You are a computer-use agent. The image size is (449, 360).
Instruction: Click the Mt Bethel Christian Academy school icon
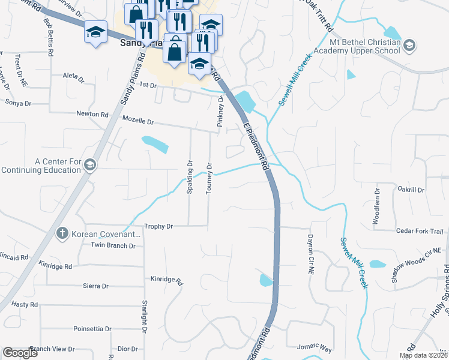409,45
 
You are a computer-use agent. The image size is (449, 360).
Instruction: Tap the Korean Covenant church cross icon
62,233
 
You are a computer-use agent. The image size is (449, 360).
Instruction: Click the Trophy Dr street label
159,226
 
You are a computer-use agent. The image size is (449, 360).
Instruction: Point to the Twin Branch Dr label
113,245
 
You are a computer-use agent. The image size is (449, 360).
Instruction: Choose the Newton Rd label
92,114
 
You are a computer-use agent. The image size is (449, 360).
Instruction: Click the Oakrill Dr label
411,190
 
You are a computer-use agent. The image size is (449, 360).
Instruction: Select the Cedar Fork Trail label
419,231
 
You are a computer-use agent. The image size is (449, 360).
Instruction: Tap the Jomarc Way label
315,347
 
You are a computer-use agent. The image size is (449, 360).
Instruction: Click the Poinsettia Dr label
92,329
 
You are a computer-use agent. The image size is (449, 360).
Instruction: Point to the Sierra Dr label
96,286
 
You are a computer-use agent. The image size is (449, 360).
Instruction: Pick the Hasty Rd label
24,305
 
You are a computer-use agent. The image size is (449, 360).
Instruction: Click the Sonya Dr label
18,103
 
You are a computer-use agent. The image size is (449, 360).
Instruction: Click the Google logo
20,353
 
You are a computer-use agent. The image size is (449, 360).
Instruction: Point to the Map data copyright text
423,355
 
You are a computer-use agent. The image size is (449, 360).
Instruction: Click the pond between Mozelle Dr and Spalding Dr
155,144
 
